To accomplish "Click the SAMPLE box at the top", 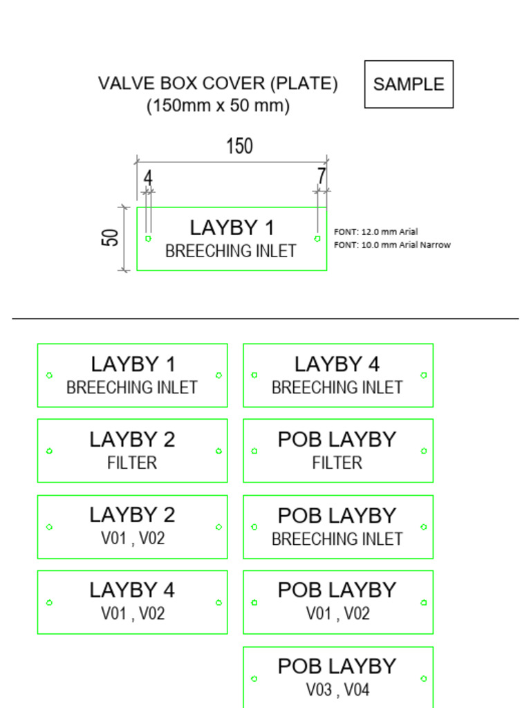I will click(x=409, y=84).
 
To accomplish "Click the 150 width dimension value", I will click(x=239, y=147).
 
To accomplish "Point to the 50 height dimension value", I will click(x=111, y=238).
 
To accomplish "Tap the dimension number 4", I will click(x=147, y=178).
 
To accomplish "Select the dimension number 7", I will click(x=322, y=176).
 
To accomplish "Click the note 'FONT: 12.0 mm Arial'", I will click(x=375, y=232).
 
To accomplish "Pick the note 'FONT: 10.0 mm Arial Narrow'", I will click(x=392, y=245).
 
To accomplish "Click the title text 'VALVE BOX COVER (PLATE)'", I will click(x=218, y=84).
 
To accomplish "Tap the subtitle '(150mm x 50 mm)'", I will click(x=218, y=106).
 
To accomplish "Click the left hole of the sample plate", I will click(x=148, y=239).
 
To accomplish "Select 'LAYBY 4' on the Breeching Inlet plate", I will click(x=337, y=364).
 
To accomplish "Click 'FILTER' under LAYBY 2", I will click(x=132, y=463).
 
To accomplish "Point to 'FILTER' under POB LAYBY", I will click(x=337, y=463).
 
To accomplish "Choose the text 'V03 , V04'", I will click(x=337, y=689).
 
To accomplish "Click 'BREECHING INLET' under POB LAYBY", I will click(x=337, y=539).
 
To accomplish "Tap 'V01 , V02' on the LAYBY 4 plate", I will click(x=133, y=613).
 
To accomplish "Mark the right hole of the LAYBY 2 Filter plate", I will click(x=218, y=451).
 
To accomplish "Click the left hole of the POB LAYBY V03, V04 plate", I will click(x=254, y=678).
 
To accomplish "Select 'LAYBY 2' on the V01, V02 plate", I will click(x=132, y=515).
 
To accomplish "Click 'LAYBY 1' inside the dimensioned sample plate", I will click(x=232, y=227).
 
